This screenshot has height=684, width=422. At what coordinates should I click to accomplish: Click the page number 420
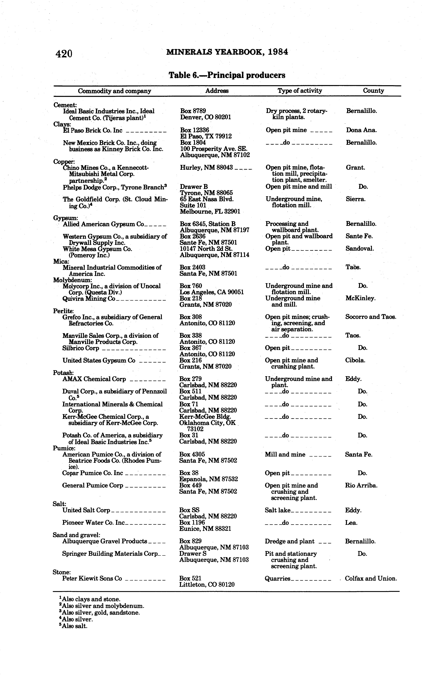(x=64, y=53)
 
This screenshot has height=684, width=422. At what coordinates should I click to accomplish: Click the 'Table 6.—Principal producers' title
(x=227, y=75)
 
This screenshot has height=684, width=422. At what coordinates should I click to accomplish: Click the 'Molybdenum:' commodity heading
(x=73, y=280)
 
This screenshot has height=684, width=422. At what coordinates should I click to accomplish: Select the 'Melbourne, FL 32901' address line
(x=210, y=211)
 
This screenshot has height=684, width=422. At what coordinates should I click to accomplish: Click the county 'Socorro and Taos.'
(x=371, y=317)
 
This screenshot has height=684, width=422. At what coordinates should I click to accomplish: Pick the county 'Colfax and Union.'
(x=371, y=578)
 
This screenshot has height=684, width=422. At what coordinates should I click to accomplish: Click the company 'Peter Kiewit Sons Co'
(x=92, y=578)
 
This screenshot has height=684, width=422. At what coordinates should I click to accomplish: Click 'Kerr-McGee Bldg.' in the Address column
(x=205, y=417)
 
